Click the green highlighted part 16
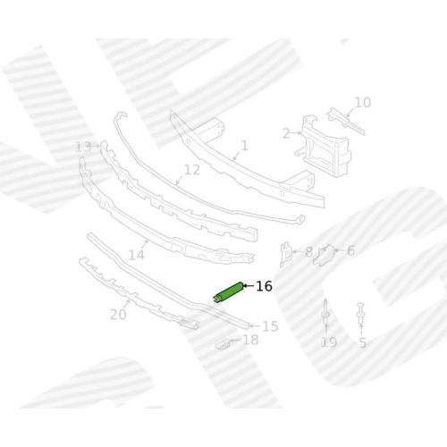coord(228,292)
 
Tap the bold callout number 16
coord(264,286)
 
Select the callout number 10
coord(363,103)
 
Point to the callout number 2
coord(286,133)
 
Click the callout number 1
coord(244,146)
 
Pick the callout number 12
coord(192,170)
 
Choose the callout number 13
coord(83,147)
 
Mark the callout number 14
coord(137,255)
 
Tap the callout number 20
coord(118,315)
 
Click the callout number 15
coord(270,326)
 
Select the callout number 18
coord(250,340)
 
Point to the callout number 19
coord(329,342)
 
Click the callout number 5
coord(362,342)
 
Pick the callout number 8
coord(308,252)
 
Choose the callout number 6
coord(350,251)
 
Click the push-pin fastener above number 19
coord(325,311)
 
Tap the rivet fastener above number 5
coord(360,313)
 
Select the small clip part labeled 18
coord(223,345)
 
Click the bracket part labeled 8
coord(285,254)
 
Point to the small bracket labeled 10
coord(346,122)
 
